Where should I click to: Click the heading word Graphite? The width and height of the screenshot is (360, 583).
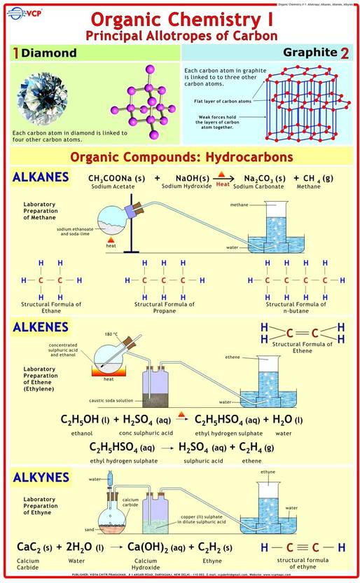click(310, 53)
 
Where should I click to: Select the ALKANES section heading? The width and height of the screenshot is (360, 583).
click(41, 177)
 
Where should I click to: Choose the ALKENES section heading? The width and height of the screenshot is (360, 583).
click(41, 327)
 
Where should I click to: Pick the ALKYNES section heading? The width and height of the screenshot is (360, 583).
click(41, 477)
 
